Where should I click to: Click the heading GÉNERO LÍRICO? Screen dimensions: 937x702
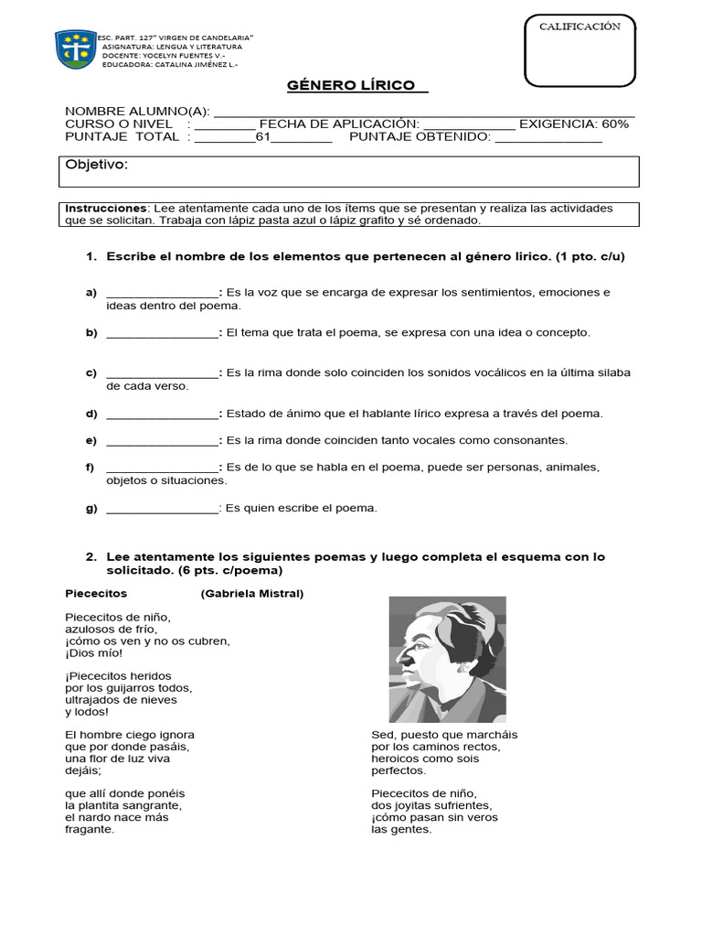356,86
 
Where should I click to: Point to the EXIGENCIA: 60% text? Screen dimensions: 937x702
574,124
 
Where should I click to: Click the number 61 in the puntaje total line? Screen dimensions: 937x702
263,137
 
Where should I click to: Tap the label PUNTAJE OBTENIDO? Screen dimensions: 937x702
420,137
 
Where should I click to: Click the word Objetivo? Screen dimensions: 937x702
96,165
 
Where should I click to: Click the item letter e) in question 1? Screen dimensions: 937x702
91,440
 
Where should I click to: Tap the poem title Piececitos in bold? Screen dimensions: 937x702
96,594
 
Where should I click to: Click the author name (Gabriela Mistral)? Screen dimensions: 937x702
252,594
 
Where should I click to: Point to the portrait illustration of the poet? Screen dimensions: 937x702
447,659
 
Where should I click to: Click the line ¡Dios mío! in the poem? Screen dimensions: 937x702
93,653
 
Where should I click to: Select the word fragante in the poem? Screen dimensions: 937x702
90,830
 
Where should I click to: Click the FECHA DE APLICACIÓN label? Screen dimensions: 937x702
339,124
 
